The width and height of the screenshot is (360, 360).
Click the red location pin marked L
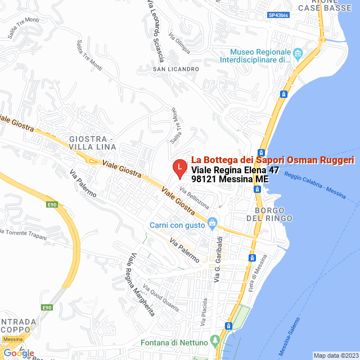click(179, 167)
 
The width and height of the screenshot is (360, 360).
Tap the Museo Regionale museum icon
click(298, 54)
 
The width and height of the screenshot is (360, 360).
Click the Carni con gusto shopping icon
click(212, 224)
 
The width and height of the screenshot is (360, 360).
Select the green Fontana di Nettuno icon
click(214, 341)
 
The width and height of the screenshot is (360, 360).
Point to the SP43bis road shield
click(278, 15)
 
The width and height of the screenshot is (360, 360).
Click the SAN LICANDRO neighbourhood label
click(176, 69)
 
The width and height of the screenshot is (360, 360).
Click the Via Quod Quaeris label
click(161, 299)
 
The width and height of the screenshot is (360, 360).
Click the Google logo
click(18, 353)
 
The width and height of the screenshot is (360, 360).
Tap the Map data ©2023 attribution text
click(336, 355)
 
